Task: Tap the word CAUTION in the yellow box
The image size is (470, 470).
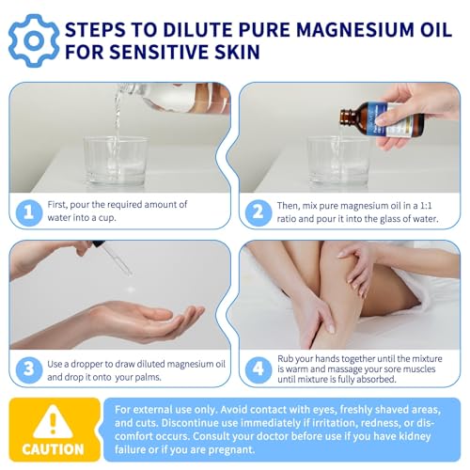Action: click(53, 449)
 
